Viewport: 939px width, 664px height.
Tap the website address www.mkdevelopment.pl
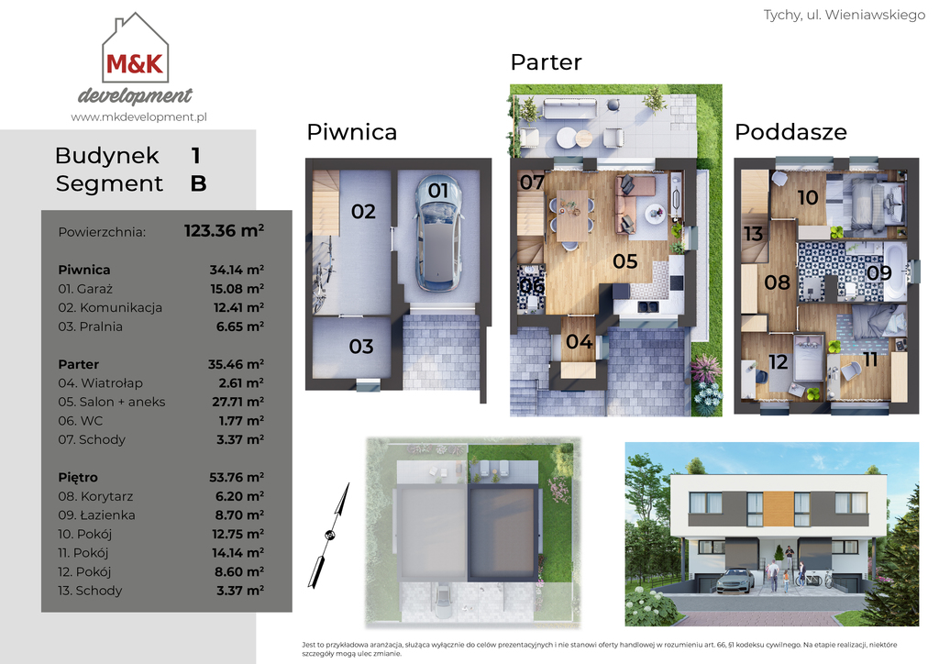[x=139, y=116]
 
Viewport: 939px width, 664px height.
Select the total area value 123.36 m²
[x=224, y=230]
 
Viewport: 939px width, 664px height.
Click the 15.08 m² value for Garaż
[x=238, y=289]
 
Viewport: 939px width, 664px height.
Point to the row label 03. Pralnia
[x=91, y=326]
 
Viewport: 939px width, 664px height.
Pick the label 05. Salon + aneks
[x=112, y=402]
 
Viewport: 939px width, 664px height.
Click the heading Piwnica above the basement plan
[x=351, y=132]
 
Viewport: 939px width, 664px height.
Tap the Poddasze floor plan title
[x=790, y=132]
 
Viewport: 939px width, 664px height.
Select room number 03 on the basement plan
[x=361, y=346]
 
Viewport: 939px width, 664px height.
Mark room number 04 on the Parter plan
[x=580, y=341]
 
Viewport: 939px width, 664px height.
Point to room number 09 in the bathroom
[x=879, y=272]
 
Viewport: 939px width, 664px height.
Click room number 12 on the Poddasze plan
[x=778, y=361]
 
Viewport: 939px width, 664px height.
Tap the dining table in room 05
[x=572, y=216]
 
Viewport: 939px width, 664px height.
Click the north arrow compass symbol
[x=329, y=535]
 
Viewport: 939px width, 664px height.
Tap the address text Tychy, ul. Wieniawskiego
[x=845, y=15]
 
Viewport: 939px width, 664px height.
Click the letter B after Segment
[x=198, y=183]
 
